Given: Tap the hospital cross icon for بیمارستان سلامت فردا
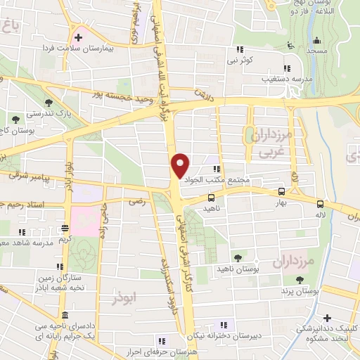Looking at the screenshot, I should point(78,37).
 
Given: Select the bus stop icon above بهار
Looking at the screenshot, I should point(281,191).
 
